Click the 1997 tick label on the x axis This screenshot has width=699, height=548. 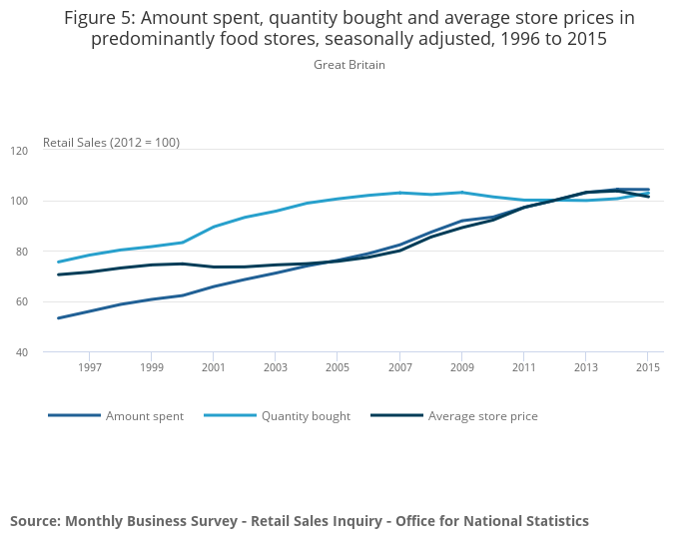pyautogui.click(x=89, y=367)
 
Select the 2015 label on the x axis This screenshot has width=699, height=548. pyautogui.click(x=648, y=367)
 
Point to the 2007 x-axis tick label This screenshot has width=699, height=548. pyautogui.click(x=399, y=367)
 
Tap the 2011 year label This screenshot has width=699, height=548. pyautogui.click(x=524, y=367)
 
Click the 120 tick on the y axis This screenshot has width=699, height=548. pyautogui.click(x=19, y=151)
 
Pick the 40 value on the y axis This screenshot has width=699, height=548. pyautogui.click(x=21, y=352)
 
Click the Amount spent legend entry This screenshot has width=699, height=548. pyautogui.click(x=144, y=416)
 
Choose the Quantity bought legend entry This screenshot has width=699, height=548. pyautogui.click(x=306, y=416)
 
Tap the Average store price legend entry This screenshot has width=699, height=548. pyautogui.click(x=482, y=416)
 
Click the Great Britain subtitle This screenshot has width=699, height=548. pyautogui.click(x=349, y=65)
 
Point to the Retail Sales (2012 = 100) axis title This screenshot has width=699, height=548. pyautogui.click(x=111, y=143)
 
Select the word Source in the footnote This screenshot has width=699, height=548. pyautogui.click(x=36, y=521)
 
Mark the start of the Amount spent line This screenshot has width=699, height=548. pyautogui.click(x=58, y=318)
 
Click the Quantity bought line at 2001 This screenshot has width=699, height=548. pyautogui.click(x=213, y=227)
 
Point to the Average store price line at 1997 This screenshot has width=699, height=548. pyautogui.click(x=89, y=272)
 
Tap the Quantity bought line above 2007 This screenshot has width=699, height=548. pyautogui.click(x=399, y=193)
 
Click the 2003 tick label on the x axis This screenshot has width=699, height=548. pyautogui.click(x=276, y=367)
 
